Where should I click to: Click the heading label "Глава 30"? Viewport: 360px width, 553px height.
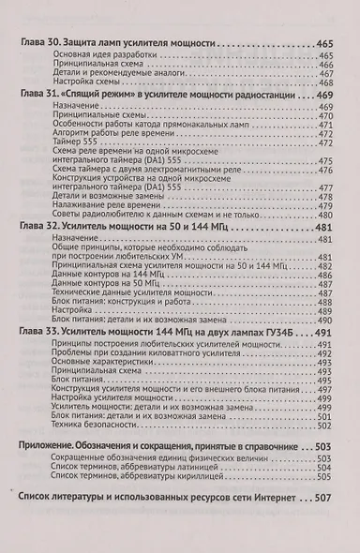click(38, 44)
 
